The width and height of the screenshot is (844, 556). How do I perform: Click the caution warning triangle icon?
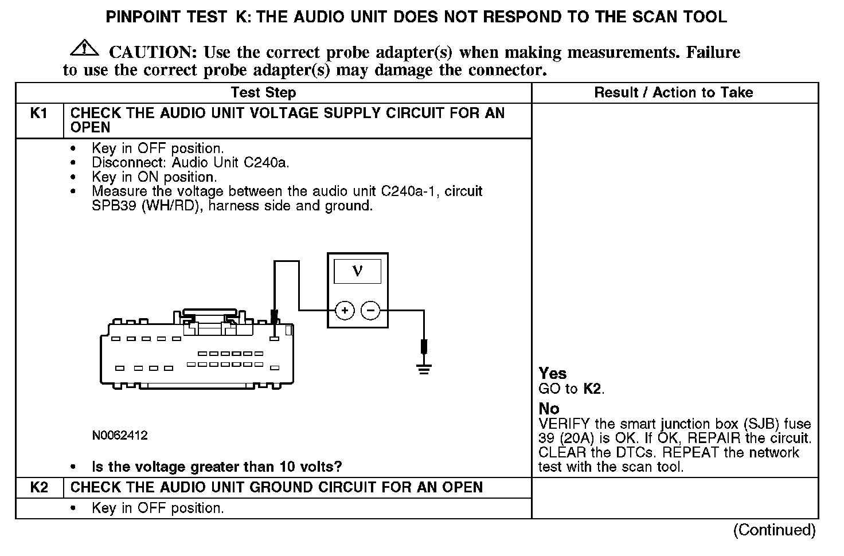tap(84, 48)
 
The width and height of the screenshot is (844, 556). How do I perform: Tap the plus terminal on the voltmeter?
tap(345, 311)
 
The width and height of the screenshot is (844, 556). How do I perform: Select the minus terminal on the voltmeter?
tap(370, 311)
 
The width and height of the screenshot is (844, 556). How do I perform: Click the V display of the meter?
tap(357, 271)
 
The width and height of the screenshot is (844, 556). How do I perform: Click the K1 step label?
tap(38, 113)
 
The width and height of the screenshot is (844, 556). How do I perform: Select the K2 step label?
tap(38, 488)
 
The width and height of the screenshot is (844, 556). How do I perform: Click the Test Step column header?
tap(263, 93)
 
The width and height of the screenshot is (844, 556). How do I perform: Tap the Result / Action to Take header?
tap(674, 93)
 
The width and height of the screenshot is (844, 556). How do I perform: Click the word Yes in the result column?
tap(553, 374)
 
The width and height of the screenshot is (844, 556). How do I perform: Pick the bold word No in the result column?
tap(549, 409)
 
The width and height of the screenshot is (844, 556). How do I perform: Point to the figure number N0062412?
tap(119, 436)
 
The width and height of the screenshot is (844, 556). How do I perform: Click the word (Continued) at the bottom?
tap(774, 530)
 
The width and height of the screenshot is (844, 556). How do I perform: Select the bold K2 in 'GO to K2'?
tap(592, 389)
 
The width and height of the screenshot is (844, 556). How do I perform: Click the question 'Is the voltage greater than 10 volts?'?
tap(217, 467)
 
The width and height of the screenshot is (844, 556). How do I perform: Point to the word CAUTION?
tap(153, 53)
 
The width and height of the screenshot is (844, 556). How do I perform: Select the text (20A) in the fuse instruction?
tap(568, 438)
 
